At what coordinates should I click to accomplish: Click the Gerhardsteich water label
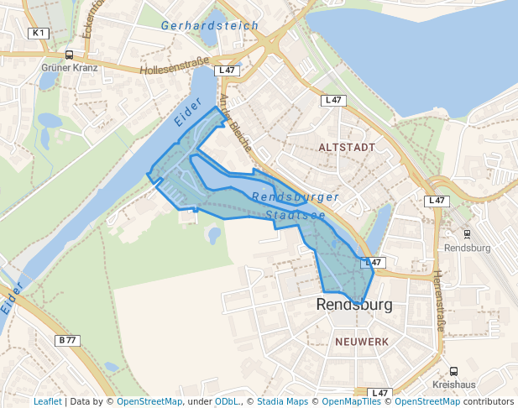coord(210,26)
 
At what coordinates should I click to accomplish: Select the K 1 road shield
coord(39,33)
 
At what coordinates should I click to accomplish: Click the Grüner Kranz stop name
coord(70,67)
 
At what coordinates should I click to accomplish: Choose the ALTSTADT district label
coord(347,147)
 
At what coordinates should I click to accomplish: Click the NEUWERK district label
coord(362,343)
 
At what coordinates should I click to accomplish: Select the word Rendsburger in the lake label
coord(296,197)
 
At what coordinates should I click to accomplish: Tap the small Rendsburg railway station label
coord(467,248)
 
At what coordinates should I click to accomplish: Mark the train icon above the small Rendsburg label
coord(468,235)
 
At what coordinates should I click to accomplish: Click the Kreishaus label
coord(453,384)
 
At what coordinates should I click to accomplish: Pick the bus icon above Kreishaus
coord(453,371)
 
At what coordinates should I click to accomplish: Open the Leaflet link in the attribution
coord(48,402)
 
